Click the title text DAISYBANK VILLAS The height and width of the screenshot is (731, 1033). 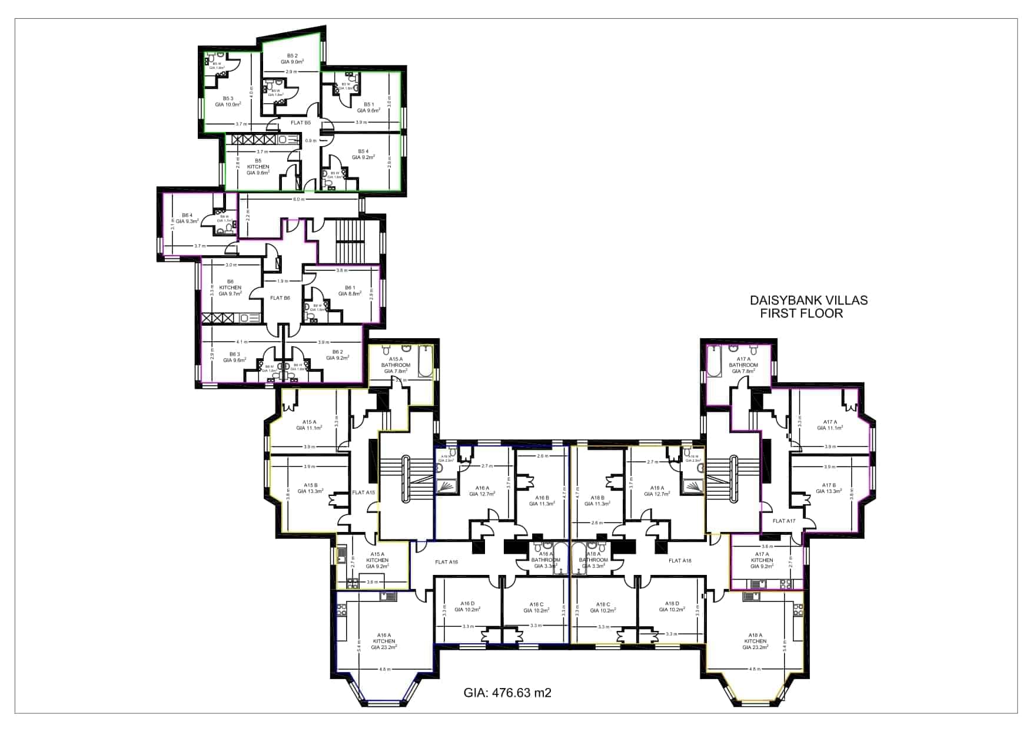[808, 300]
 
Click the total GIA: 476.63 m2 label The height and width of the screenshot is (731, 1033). [507, 693]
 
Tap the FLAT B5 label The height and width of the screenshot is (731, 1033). [300, 123]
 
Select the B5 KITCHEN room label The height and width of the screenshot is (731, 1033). [258, 167]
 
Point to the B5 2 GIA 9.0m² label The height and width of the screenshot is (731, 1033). [292, 58]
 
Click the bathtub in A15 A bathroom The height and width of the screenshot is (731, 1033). [424, 361]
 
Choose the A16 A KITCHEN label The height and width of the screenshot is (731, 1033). [384, 641]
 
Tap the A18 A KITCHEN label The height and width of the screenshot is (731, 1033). [755, 641]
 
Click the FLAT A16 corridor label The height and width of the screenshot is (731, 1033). [446, 561]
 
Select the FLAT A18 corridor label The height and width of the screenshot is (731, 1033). [680, 560]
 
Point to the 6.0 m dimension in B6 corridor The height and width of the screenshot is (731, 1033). [298, 199]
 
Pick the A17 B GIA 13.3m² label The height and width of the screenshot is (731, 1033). [829, 488]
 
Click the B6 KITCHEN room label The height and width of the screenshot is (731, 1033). [230, 287]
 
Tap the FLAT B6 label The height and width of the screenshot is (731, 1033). [280, 298]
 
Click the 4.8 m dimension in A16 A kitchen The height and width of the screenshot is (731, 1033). [384, 669]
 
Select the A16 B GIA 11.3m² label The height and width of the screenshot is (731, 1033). [541, 501]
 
